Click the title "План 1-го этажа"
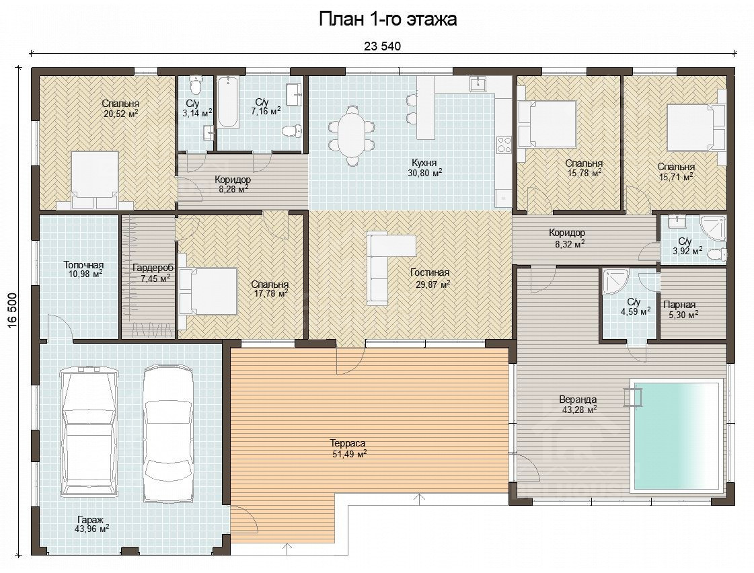(x=387, y=20)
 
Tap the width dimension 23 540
(x=382, y=46)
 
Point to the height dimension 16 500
(x=12, y=311)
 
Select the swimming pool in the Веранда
(x=677, y=436)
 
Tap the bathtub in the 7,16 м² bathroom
(x=228, y=102)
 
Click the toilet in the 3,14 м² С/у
(x=195, y=85)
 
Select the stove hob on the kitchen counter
(x=504, y=144)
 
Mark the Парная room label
(x=679, y=305)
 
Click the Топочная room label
(x=83, y=265)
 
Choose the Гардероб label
(x=153, y=268)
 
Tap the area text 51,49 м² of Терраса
(x=350, y=453)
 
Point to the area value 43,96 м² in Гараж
(x=92, y=529)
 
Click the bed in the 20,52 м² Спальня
(x=94, y=181)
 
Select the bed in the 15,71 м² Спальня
(x=695, y=127)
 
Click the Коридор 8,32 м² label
(x=568, y=238)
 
